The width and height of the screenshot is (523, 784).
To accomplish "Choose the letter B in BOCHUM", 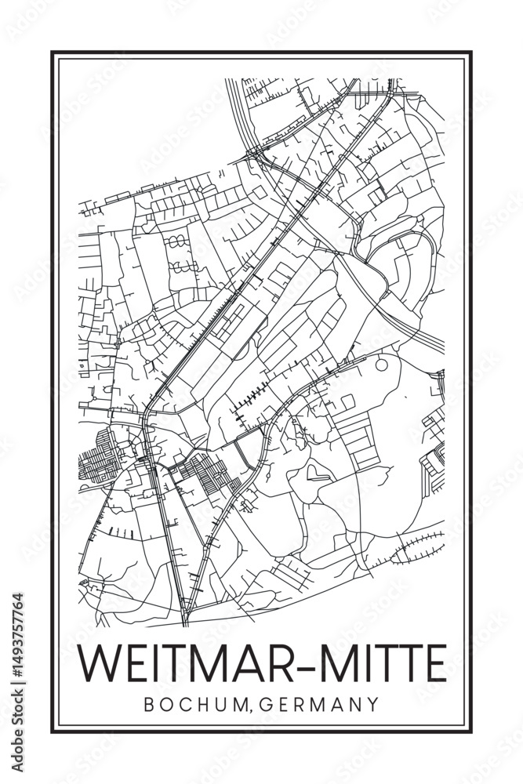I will click(149, 704).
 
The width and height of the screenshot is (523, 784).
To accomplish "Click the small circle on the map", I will click(381, 365).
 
